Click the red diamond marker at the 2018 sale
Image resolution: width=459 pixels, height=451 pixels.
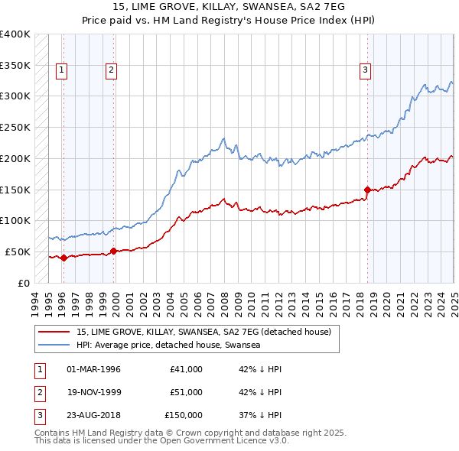(x=367, y=189)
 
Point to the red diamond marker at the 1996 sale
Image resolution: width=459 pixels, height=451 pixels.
(x=63, y=258)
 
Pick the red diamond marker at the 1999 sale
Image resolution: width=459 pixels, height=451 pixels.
(x=113, y=251)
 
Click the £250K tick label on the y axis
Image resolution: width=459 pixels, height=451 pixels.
(x=15, y=128)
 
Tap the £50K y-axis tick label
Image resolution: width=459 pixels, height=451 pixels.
(x=18, y=251)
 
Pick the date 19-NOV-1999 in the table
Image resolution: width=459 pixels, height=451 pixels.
(x=94, y=392)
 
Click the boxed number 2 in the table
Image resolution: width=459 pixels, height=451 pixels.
(x=39, y=392)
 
